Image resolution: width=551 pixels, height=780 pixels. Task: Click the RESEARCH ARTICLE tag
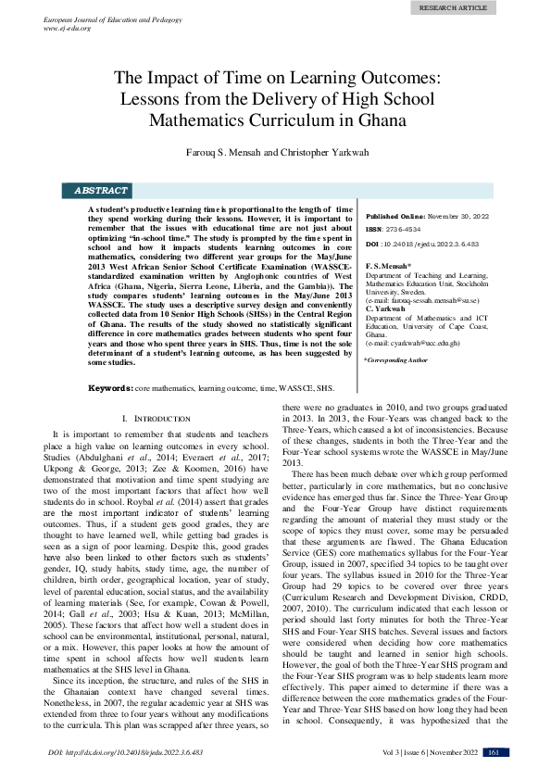(452, 7)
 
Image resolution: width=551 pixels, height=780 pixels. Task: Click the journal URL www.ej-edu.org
(69, 28)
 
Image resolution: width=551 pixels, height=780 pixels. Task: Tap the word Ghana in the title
(382, 120)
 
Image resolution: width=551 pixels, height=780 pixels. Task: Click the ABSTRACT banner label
(100, 191)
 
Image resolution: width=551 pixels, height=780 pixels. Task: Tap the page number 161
(494, 751)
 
